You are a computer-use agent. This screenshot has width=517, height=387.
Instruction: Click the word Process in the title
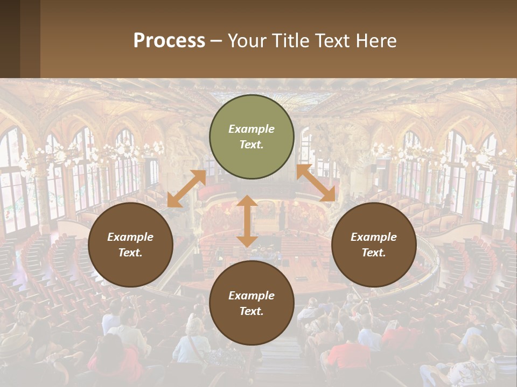pyautogui.click(x=169, y=40)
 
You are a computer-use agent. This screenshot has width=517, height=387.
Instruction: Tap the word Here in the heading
pyautogui.click(x=376, y=40)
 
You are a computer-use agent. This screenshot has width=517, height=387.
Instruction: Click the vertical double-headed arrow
pyautogui.click(x=247, y=221)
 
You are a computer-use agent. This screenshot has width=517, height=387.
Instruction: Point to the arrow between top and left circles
pyautogui.click(x=186, y=189)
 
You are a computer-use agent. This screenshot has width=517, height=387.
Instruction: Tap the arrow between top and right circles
pyautogui.click(x=316, y=183)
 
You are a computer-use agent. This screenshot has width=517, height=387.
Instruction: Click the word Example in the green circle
pyautogui.click(x=251, y=129)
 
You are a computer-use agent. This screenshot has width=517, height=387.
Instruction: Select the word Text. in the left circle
pyautogui.click(x=130, y=253)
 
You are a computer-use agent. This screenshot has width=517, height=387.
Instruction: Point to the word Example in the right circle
pyautogui.click(x=374, y=237)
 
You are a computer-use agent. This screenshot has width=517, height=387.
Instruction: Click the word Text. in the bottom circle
pyautogui.click(x=251, y=311)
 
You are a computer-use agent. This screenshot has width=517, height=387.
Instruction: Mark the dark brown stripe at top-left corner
pyautogui.click(x=10, y=39)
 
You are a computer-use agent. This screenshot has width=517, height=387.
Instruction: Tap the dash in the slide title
pyautogui.click(x=216, y=41)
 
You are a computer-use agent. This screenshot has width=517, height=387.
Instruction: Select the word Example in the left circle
pyautogui.click(x=130, y=237)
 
